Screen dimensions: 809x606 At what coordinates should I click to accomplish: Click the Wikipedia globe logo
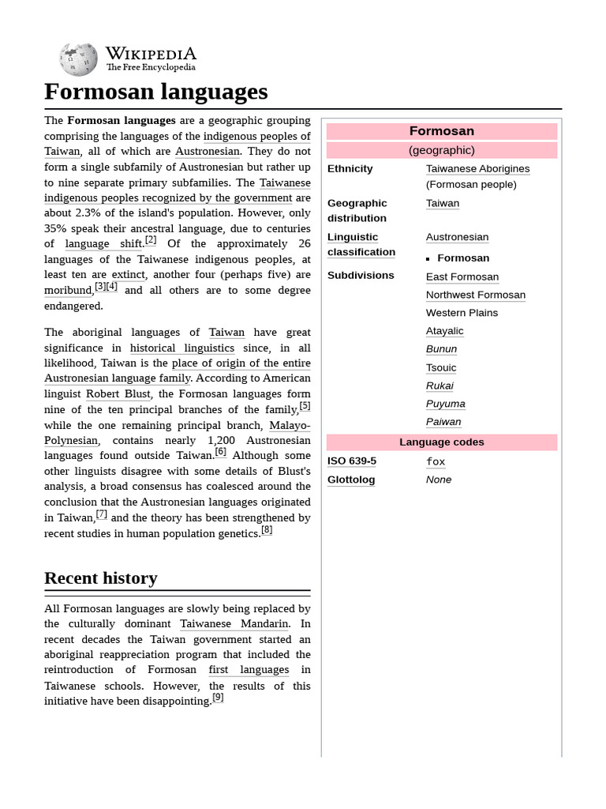[x=78, y=59]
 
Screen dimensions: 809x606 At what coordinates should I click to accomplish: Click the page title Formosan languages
[x=155, y=92]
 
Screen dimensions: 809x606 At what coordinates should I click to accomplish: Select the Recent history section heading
[x=100, y=578]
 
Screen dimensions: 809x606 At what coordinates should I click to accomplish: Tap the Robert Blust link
[x=118, y=393]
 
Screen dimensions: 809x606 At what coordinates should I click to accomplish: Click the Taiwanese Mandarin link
[x=234, y=624]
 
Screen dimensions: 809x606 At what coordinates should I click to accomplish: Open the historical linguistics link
[x=182, y=348]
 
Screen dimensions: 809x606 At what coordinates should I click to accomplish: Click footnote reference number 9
[x=218, y=698]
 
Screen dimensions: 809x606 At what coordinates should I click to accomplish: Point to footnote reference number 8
[x=267, y=530]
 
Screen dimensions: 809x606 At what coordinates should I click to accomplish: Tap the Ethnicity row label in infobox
[x=350, y=168]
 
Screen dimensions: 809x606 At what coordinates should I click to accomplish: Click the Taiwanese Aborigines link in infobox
[x=477, y=168]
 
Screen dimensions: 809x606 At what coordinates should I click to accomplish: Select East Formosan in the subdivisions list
[x=462, y=277]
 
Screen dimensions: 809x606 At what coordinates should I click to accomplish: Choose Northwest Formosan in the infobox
[x=475, y=295]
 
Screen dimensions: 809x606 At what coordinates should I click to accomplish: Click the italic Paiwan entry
[x=443, y=422]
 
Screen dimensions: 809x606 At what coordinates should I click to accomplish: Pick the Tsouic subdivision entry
[x=440, y=367]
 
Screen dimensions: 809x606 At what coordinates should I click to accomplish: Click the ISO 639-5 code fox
[x=436, y=461]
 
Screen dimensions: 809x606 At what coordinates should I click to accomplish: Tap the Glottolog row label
[x=351, y=480]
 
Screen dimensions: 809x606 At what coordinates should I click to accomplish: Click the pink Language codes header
[x=441, y=442]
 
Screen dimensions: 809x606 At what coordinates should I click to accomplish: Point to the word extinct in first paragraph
[x=128, y=275]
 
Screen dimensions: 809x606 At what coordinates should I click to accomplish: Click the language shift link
[x=103, y=244]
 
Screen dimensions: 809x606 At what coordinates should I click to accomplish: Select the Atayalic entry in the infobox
[x=444, y=331]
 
